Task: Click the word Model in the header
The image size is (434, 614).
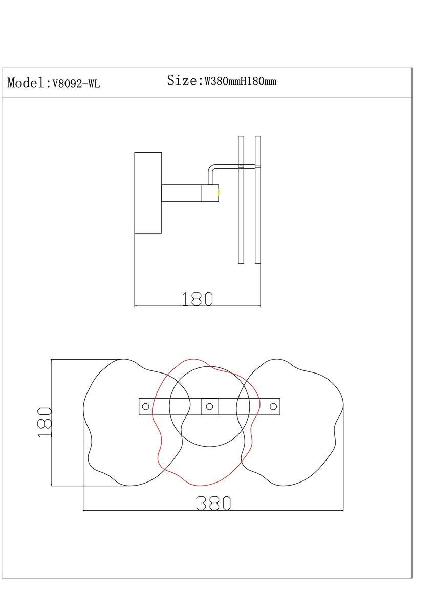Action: [x=26, y=82]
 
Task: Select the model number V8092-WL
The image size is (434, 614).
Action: [x=76, y=83]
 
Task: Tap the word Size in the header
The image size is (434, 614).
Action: [x=182, y=80]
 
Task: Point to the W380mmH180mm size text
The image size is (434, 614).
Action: [x=241, y=81]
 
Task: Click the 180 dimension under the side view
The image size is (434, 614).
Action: [x=198, y=299]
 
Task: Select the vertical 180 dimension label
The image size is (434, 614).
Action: [x=45, y=423]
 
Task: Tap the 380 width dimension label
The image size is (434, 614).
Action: [x=213, y=503]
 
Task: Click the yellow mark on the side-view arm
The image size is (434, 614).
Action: [x=219, y=193]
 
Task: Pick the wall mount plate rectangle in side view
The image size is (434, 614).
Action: [x=148, y=193]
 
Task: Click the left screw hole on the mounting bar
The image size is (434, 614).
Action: [x=145, y=406]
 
